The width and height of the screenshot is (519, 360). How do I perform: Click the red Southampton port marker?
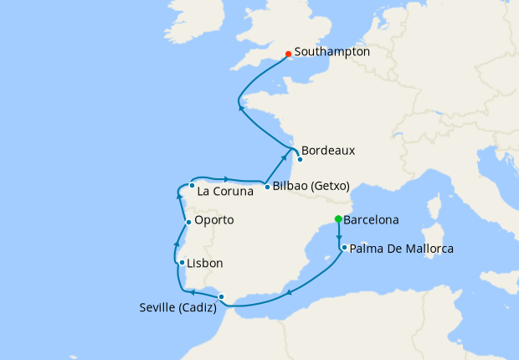click(288, 54)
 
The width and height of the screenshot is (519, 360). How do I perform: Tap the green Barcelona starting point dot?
click(338, 219)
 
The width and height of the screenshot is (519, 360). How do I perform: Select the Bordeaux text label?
click(328, 152)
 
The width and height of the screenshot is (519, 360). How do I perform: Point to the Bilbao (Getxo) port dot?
click(267, 187)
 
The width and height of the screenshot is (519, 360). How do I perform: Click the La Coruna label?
click(224, 192)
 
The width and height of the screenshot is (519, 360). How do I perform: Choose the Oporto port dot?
click(188, 222)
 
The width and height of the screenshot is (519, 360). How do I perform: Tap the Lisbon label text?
click(205, 263)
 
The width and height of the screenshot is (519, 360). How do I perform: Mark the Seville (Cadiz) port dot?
click(221, 296)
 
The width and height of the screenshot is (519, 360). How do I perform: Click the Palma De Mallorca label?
click(402, 249)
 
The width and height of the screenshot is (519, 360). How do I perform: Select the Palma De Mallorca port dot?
click(344, 248)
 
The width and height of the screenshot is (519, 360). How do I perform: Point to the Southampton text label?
click(332, 52)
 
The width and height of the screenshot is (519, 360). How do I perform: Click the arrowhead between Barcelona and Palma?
click(338, 236)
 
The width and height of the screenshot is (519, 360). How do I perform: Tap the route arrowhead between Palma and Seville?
click(289, 292)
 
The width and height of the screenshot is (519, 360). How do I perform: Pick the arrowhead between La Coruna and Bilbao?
click(226, 178)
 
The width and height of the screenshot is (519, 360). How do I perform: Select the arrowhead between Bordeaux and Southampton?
click(241, 107)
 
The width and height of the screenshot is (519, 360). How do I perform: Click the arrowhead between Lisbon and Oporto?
click(177, 243)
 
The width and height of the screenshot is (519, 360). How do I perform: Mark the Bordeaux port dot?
click(300, 159)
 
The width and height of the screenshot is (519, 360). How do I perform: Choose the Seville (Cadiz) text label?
click(178, 308)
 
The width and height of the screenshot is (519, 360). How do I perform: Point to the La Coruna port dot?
click(192, 185)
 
